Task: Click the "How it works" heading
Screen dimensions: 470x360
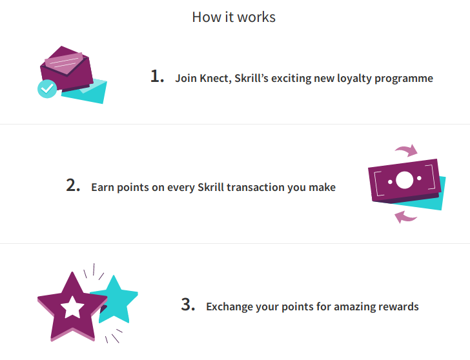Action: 234,17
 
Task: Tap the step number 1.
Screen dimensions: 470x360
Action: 157,76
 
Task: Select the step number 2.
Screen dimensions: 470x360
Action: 73,185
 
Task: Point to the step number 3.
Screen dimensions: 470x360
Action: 188,305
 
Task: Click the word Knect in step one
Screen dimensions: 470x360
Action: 215,79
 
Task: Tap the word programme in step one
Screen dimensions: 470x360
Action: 404,79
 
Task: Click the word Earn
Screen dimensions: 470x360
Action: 103,188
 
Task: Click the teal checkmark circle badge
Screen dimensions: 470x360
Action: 47,88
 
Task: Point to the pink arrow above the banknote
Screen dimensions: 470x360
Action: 407,150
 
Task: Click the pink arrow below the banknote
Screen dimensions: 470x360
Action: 405,217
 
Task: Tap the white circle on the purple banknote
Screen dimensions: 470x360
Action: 404,180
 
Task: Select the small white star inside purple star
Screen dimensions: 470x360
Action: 72,307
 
